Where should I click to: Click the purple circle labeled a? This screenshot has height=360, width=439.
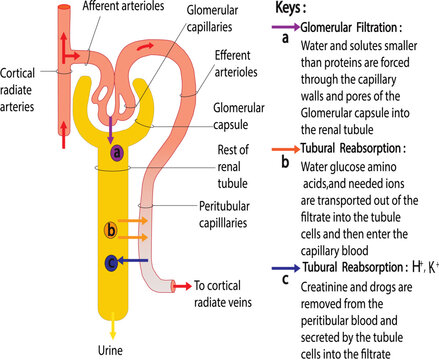click(118, 152)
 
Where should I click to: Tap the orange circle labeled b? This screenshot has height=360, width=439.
click(111, 232)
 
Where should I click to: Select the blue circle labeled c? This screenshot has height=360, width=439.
click(111, 264)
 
